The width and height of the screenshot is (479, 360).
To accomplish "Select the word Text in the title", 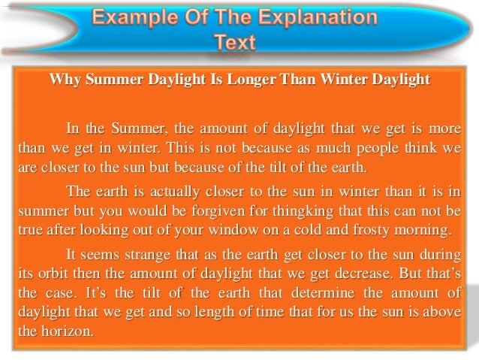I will (x=236, y=43).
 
